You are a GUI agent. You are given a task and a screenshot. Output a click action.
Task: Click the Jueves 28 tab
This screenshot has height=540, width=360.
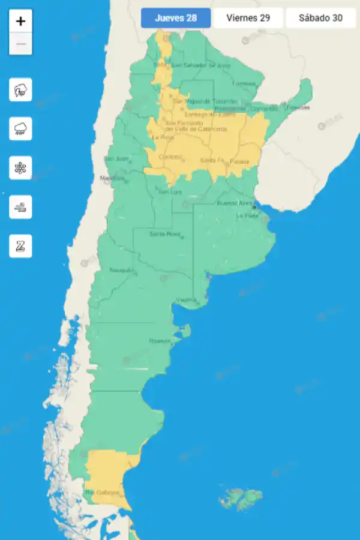(176, 18)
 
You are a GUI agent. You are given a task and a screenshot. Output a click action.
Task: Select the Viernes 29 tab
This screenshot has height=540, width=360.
(248, 18)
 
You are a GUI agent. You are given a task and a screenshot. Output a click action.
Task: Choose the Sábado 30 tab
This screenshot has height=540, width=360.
(320, 18)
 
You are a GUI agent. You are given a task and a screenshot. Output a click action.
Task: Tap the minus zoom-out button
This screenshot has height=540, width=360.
(21, 44)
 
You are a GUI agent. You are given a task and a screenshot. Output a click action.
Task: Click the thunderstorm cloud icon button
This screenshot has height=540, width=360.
(21, 90)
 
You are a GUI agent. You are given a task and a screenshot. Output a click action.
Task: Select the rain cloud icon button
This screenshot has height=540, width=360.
(21, 128)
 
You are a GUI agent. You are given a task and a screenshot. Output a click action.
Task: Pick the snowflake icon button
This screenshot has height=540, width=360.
(21, 167)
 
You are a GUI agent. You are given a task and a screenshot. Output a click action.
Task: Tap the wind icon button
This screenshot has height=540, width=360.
(21, 206)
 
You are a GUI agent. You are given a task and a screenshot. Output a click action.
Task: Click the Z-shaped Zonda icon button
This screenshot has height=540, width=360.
(21, 246)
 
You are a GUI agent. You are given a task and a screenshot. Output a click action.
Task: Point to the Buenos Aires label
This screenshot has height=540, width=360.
(235, 203)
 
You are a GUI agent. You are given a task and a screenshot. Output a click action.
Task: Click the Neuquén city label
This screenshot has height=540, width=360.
(122, 270)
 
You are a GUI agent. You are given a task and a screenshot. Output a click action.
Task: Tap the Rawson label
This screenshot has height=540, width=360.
(160, 341)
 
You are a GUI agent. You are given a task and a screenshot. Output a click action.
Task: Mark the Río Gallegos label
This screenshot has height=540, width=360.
(102, 493)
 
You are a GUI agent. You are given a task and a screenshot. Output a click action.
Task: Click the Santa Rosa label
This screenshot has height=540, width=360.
(164, 233)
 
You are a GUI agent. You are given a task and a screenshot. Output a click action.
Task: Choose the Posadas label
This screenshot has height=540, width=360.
(298, 107)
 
